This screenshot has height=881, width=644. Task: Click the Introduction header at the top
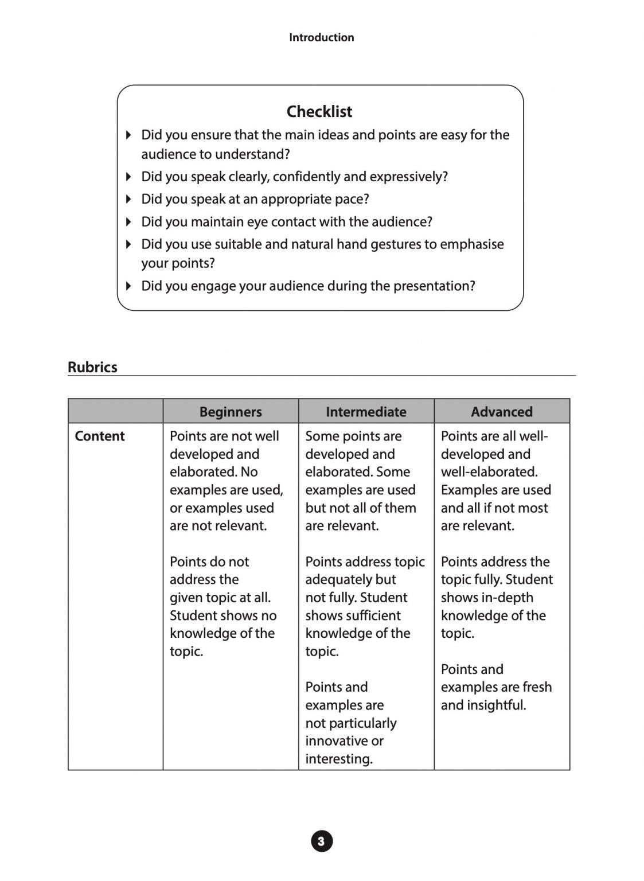click(x=321, y=37)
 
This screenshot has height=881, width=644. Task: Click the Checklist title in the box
click(x=319, y=111)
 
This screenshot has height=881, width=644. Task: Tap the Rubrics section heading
click(x=92, y=367)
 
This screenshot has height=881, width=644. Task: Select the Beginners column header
click(x=231, y=412)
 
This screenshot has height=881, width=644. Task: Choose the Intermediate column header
click(x=366, y=412)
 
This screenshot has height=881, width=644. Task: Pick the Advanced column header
click(x=502, y=412)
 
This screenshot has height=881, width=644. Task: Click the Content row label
click(x=100, y=436)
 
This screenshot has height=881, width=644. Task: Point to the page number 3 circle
click(x=322, y=841)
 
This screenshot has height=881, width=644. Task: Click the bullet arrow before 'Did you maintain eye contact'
click(x=129, y=221)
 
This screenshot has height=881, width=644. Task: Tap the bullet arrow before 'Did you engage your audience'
click(x=129, y=286)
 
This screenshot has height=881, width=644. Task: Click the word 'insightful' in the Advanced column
click(x=497, y=705)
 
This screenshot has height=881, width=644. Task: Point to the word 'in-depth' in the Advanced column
click(x=508, y=598)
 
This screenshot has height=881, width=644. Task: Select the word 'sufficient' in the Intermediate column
click(x=372, y=615)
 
